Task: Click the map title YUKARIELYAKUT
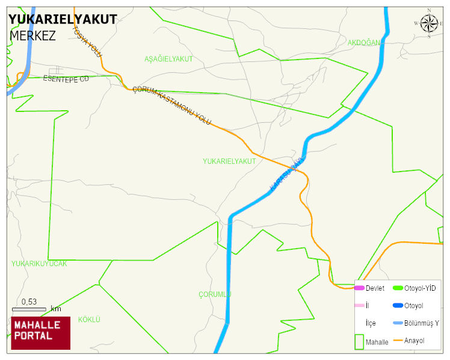tap(63, 19)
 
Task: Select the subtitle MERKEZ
tap(32, 36)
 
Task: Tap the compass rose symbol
tap(429, 23)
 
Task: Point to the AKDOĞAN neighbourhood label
tap(364, 43)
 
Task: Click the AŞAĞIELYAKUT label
tap(168, 59)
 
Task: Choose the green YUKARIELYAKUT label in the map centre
tap(229, 161)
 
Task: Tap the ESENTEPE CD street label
tap(66, 79)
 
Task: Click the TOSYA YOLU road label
tap(87, 43)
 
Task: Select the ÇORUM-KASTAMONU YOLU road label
tap(171, 105)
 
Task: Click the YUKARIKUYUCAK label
tap(39, 264)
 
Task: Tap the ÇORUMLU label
tap(215, 294)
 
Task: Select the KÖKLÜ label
tap(89, 319)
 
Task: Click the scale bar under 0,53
tap(29, 309)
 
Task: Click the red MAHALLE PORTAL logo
tap(40, 333)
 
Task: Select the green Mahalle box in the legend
tap(359, 341)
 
